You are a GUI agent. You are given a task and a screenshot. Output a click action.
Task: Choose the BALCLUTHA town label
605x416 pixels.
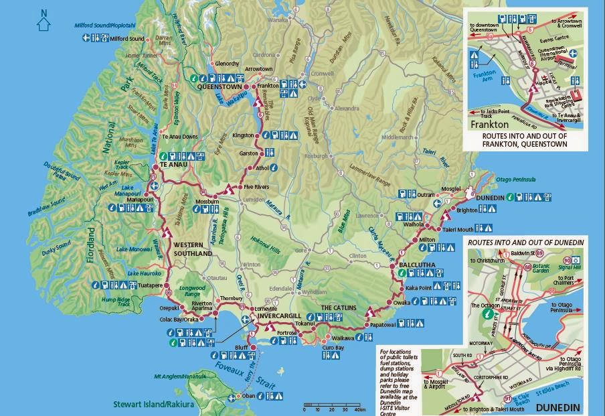tap(417, 265)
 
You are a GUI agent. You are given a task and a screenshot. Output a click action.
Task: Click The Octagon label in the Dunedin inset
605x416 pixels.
tap(488, 305)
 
